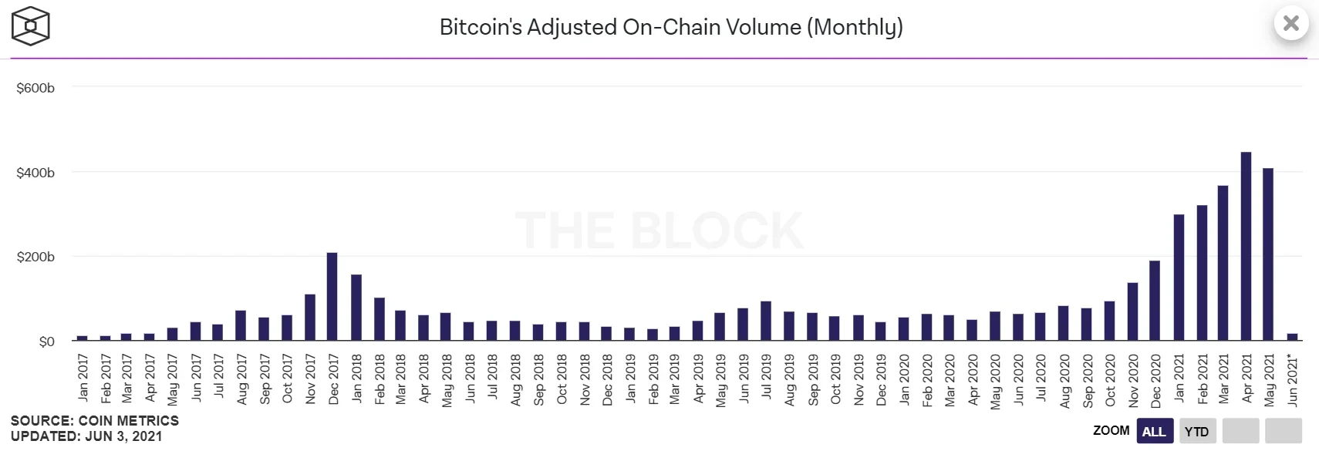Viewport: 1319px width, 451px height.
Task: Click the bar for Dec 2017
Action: (332, 297)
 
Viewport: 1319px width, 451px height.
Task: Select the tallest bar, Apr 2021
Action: (1246, 247)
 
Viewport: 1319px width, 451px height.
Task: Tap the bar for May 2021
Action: (1268, 254)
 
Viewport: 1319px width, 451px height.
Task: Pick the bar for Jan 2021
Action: (1179, 278)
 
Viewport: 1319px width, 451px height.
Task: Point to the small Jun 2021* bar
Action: (1292, 337)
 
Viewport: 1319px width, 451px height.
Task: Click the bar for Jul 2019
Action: (766, 321)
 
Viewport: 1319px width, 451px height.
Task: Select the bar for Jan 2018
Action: (356, 308)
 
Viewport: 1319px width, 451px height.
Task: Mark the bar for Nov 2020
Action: (1132, 311)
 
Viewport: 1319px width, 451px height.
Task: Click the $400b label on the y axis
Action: (35, 173)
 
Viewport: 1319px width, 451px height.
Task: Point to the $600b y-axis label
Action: (35, 89)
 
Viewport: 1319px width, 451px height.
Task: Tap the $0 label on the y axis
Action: (46, 342)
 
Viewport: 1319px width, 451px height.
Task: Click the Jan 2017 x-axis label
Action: (83, 377)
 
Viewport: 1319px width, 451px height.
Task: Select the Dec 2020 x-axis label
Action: (1155, 380)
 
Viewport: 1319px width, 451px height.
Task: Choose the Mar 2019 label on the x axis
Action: (675, 379)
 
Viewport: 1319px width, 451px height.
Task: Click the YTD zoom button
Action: (1196, 431)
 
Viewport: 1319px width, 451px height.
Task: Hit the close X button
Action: (1291, 24)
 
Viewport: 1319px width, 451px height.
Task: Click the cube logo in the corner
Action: (31, 26)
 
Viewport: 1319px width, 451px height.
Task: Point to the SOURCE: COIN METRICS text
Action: (95, 421)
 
